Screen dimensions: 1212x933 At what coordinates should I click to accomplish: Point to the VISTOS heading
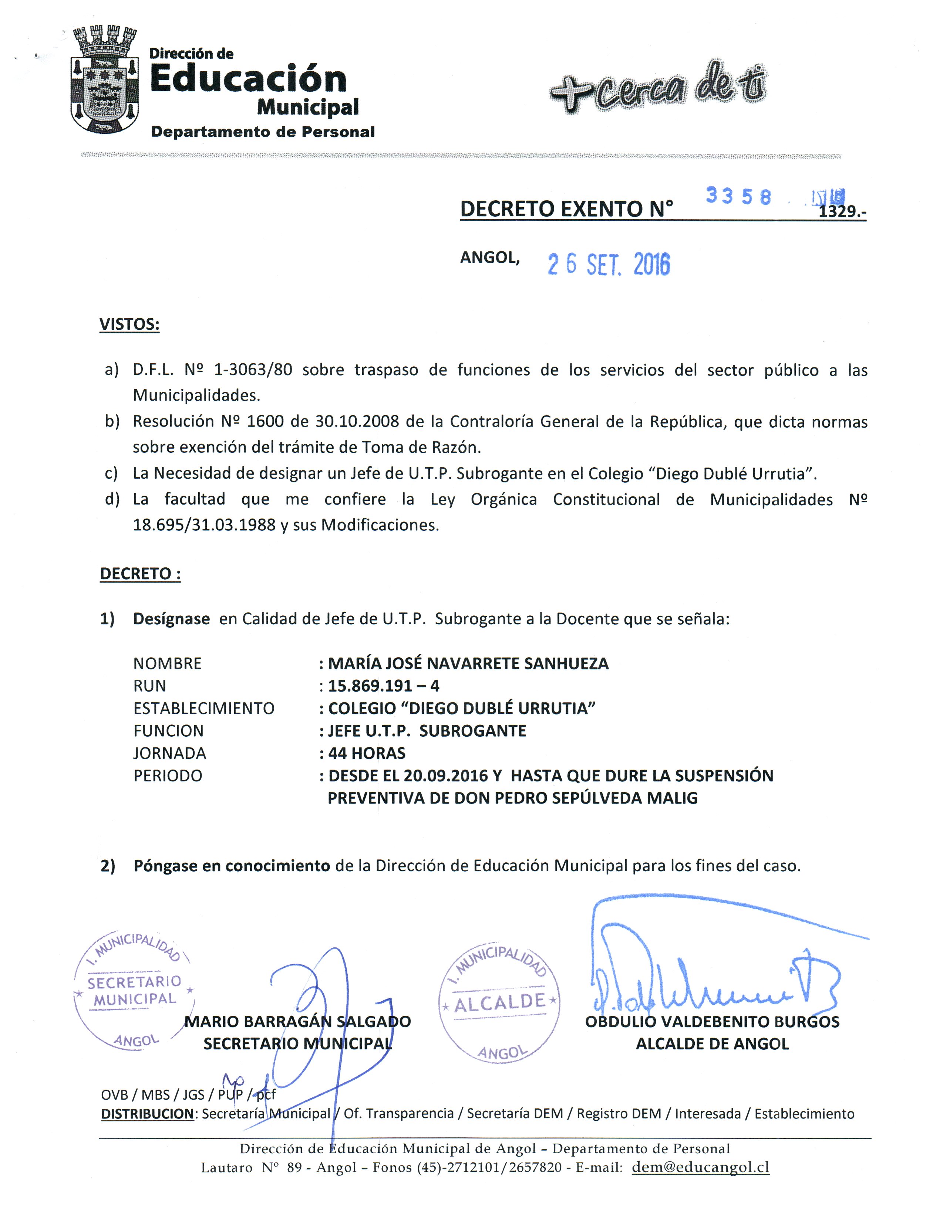pos(129,324)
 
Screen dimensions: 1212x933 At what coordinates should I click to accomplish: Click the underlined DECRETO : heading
pos(140,574)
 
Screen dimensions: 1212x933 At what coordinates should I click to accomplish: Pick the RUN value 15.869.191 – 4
pos(383,686)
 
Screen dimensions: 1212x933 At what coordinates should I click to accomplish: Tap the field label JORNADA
pos(169,753)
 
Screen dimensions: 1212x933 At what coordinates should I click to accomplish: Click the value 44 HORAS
pos(367,753)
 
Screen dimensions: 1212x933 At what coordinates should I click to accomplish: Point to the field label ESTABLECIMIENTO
pos(204,708)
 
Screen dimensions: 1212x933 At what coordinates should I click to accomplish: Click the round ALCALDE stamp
pos(499,1002)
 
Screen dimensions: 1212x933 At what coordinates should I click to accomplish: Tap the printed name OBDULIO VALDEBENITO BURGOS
pos(712,1022)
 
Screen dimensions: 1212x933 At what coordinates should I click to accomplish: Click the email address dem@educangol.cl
pos(700,1167)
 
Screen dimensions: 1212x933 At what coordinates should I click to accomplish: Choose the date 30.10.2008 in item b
pos(357,422)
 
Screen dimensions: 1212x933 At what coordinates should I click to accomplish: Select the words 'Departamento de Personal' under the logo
pos(263,132)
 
